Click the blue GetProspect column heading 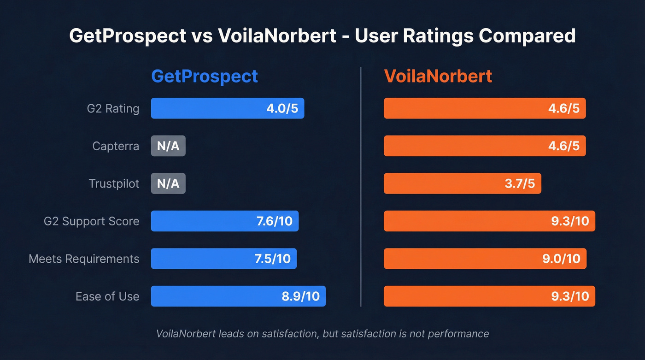205,76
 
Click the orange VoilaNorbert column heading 438,76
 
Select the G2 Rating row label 113,109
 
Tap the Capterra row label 116,146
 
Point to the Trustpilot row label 114,184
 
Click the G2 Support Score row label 91,221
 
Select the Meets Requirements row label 84,259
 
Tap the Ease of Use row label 107,296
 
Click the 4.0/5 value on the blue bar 282,109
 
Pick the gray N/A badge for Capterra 168,146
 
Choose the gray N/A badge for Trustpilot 168,184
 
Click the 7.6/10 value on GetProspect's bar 275,221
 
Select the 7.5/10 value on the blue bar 273,259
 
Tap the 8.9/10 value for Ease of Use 301,296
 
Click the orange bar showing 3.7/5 462,184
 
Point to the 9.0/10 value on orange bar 561,259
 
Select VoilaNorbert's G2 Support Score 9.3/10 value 570,221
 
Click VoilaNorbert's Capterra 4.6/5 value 563,146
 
